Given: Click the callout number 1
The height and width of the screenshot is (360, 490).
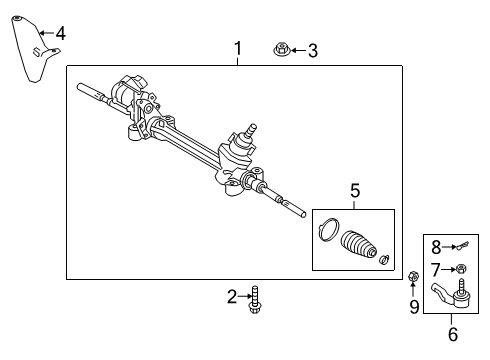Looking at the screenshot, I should (237, 48).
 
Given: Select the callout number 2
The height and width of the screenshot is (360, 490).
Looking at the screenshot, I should (232, 296).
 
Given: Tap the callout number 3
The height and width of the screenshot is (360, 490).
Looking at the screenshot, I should (312, 50).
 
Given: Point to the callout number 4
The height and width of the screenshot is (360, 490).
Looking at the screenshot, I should (60, 34).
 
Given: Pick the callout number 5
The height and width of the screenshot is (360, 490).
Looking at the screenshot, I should (353, 191).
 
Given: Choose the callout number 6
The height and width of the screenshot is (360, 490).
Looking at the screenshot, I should (451, 335).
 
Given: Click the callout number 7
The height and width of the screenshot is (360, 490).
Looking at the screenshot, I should (436, 269).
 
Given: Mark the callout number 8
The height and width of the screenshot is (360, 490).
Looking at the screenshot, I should (436, 247).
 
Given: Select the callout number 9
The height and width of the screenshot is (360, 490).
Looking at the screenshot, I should (413, 307).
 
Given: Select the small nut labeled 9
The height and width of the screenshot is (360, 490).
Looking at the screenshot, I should (413, 276).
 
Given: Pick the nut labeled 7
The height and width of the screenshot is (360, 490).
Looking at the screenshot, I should (461, 268).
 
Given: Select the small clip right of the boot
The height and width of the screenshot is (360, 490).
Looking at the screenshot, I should (384, 261).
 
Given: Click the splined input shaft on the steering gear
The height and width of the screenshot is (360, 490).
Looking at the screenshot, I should (250, 129).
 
